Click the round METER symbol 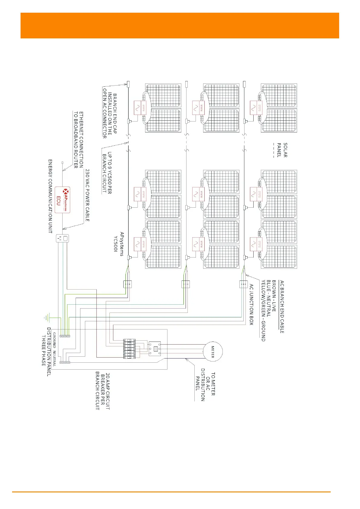pos(212,352)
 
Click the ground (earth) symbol pos(47,318)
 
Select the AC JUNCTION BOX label pos(251,304)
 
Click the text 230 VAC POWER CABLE pos(87,195)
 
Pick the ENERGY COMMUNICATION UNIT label pos(50,196)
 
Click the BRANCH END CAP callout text pos(110,116)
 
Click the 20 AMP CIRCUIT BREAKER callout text pos(103,391)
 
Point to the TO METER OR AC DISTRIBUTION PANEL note pos(205,384)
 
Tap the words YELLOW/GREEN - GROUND pos(263,310)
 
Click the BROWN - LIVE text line pos(274,296)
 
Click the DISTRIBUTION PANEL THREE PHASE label pos(46,352)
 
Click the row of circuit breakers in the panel pos(129,349)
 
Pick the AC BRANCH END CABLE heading pos(282,306)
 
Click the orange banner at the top pos(180,25)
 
